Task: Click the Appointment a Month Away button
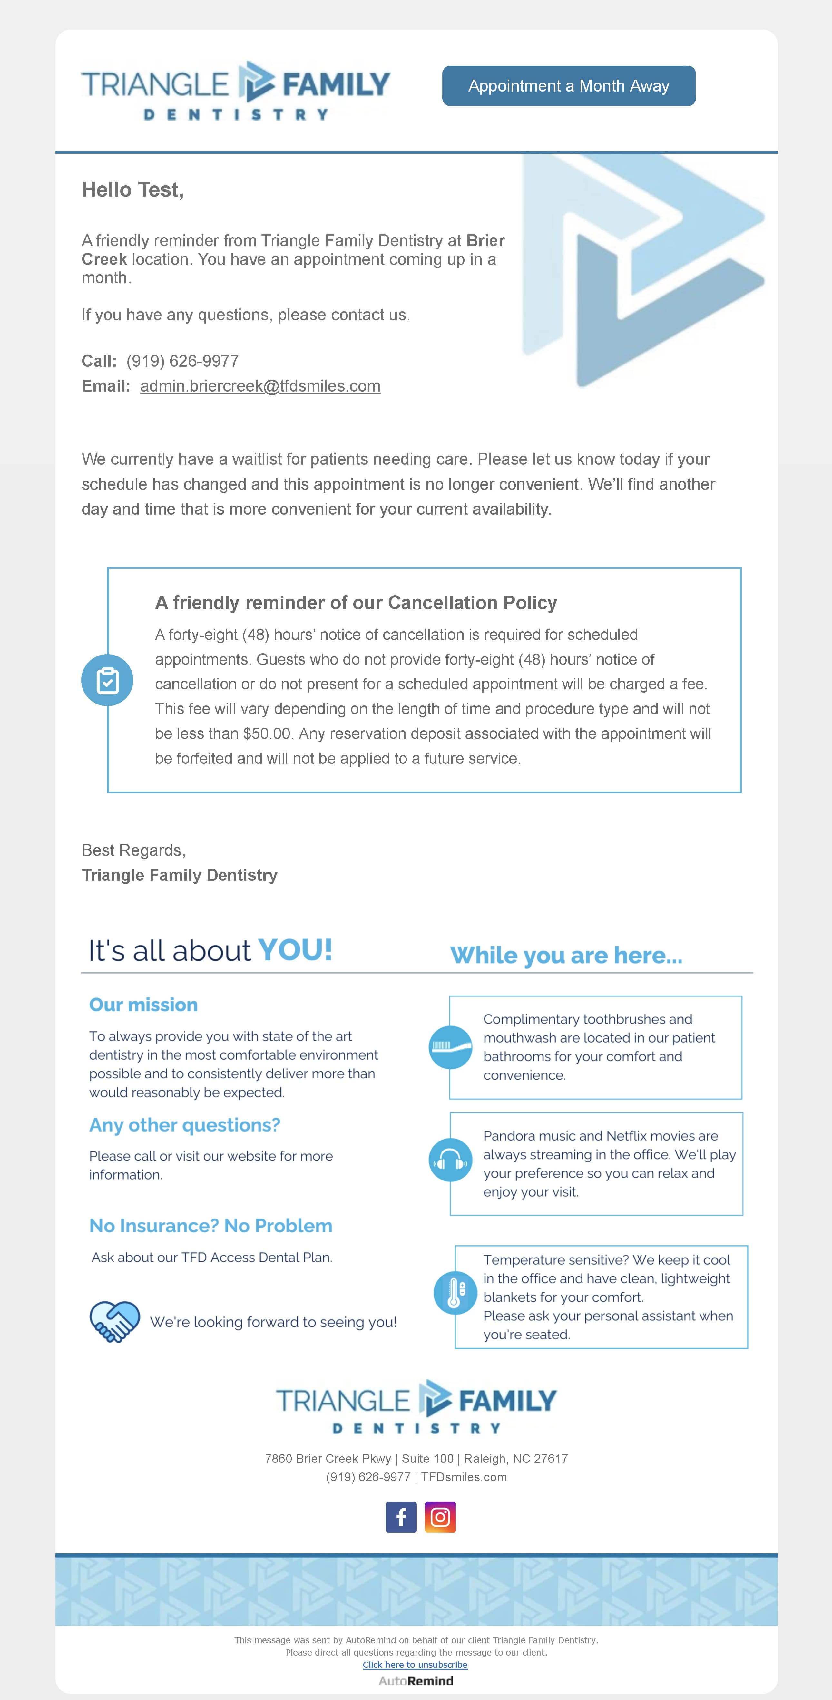point(569,86)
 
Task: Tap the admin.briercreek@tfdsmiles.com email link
point(260,386)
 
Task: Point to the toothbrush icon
point(450,1047)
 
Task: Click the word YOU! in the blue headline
point(295,950)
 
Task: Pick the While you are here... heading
point(566,956)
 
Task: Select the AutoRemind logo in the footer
point(416,1681)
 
